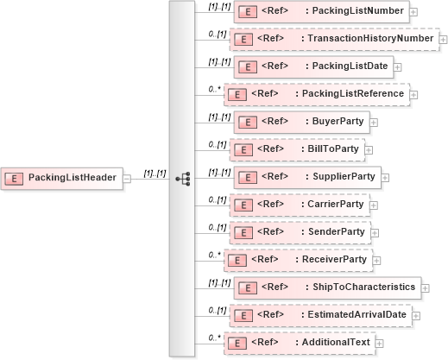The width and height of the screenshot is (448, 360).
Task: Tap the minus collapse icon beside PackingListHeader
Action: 127,178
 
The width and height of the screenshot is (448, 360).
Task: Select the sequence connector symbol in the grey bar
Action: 181,178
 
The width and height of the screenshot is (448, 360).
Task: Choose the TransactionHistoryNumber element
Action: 333,39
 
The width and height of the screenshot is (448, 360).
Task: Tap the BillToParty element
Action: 296,149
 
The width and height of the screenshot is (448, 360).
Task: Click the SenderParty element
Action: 300,232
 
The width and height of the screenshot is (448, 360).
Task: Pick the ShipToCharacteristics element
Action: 327,287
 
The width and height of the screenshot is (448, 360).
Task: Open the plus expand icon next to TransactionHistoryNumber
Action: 443,40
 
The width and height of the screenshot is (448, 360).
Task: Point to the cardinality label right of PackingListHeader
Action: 155,173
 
